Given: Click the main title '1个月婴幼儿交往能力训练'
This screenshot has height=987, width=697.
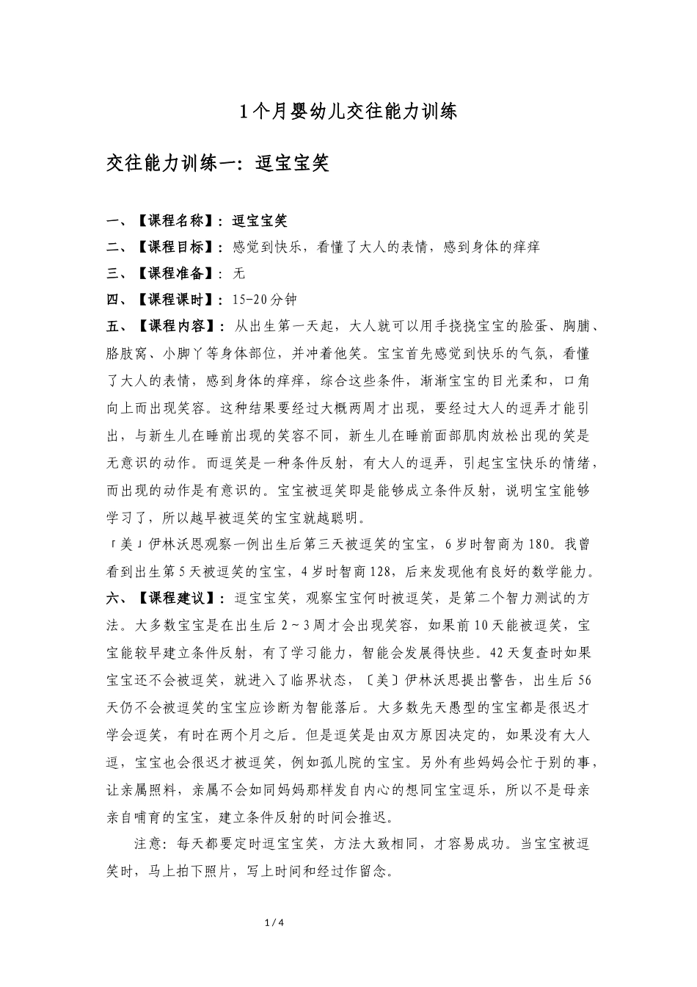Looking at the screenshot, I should (x=348, y=112).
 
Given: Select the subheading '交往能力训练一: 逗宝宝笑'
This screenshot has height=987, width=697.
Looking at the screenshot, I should (x=217, y=163).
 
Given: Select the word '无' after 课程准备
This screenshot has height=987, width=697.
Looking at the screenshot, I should (x=238, y=274).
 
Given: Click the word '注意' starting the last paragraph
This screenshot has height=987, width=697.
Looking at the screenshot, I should (x=149, y=843).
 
